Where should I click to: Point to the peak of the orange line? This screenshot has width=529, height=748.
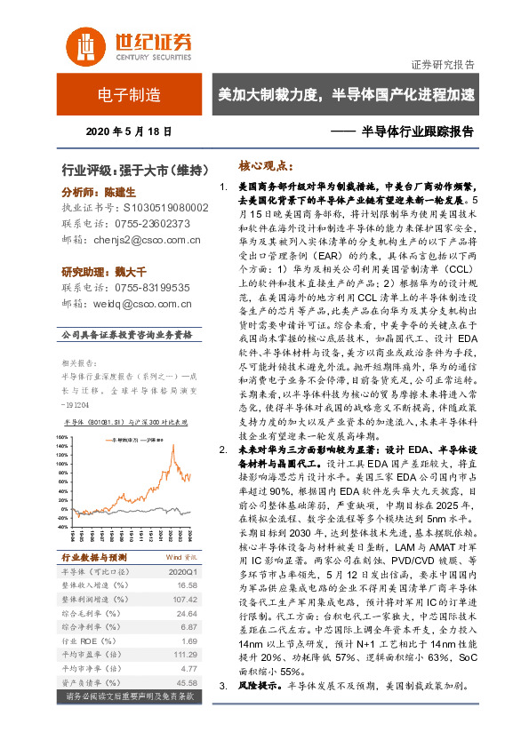pos(172,445)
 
